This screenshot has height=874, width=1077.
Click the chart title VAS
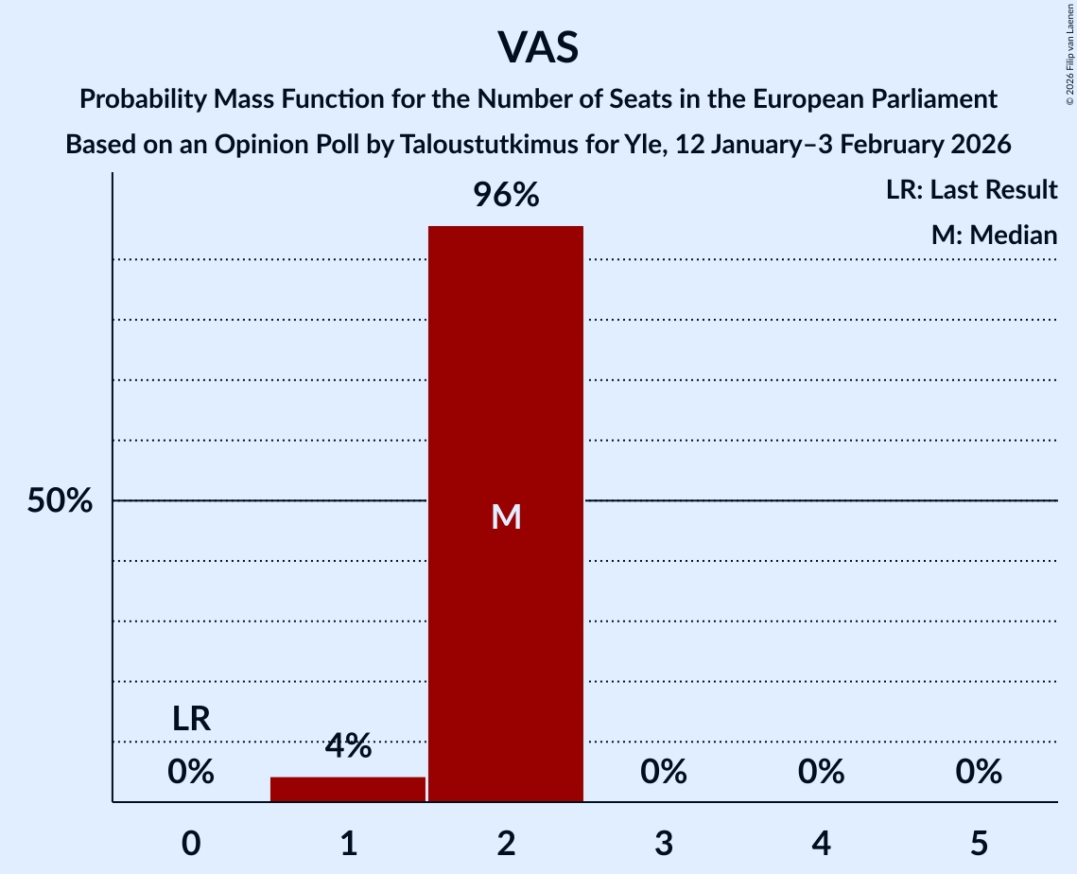[x=537, y=47]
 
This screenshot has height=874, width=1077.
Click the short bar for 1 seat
[x=348, y=789]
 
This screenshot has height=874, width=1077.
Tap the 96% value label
[x=506, y=196]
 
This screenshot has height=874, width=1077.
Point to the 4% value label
[x=348, y=746]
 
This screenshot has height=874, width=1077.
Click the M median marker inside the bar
[x=506, y=516]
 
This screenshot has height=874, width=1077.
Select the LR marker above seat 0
[x=191, y=720]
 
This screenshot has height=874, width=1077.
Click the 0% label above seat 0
[x=191, y=773]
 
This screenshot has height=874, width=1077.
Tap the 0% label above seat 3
[x=664, y=773]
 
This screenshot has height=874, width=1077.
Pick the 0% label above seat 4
[x=821, y=773]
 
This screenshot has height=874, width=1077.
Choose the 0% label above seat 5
[x=979, y=773]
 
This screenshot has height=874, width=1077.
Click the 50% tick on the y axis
[x=60, y=501]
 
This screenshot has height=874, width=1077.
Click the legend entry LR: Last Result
[x=971, y=190]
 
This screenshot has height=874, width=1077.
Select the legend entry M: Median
[x=994, y=235]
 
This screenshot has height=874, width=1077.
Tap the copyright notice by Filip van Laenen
[x=1068, y=57]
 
